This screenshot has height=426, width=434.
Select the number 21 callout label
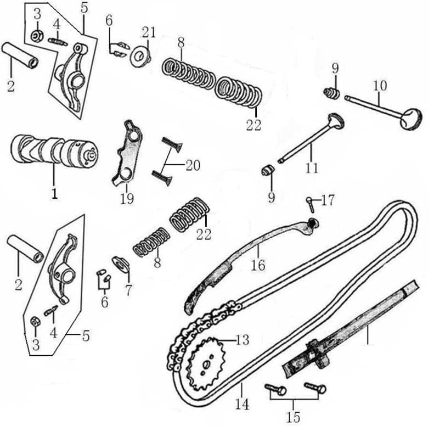pos(149,31)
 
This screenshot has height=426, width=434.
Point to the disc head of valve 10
pos(410,119)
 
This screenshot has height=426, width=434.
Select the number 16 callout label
pos(257,265)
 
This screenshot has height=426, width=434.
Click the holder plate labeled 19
pos(127,154)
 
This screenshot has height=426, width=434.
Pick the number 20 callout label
pos(192,165)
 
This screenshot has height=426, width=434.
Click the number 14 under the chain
pos(241,405)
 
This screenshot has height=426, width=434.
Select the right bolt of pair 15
pos(315,388)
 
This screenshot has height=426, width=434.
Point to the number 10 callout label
pos(380,86)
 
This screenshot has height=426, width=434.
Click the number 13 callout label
pos(242,340)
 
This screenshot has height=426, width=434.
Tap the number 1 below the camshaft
pos(54,194)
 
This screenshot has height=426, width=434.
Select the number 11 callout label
pos(312,167)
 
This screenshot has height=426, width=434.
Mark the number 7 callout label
pos(128,289)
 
